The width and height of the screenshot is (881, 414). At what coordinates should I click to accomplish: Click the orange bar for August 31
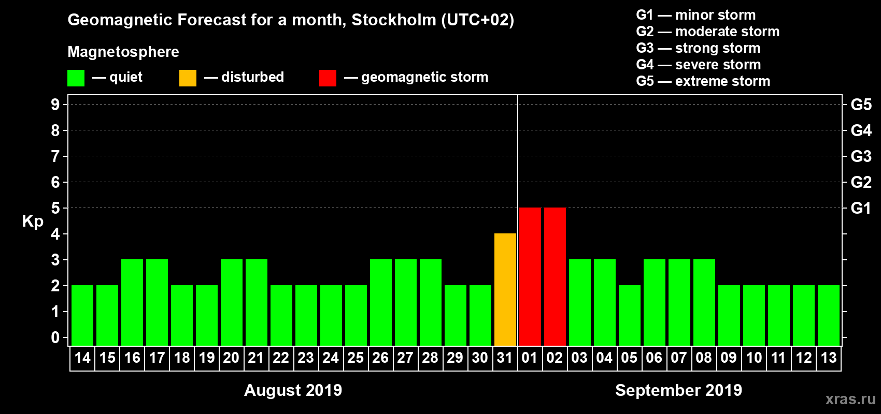[x=505, y=290]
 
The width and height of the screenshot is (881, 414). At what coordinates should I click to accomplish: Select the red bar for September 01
[x=530, y=277]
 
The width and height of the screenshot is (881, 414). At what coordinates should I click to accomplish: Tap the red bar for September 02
[x=555, y=277]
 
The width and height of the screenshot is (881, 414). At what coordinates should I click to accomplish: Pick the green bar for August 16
[x=132, y=303]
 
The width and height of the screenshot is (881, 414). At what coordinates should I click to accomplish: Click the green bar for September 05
[x=630, y=316]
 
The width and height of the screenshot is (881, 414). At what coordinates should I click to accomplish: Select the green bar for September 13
[x=829, y=316]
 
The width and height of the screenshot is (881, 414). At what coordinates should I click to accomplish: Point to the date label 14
[x=82, y=358]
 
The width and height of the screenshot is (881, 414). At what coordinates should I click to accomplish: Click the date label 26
[x=380, y=358]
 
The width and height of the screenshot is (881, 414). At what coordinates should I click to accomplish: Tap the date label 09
[x=729, y=358]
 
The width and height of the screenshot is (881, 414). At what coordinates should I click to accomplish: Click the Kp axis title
[x=33, y=221]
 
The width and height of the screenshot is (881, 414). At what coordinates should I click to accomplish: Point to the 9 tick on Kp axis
[x=55, y=105]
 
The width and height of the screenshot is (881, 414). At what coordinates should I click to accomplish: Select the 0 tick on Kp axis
[x=55, y=338]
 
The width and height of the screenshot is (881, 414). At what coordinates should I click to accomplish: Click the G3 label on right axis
[x=861, y=156]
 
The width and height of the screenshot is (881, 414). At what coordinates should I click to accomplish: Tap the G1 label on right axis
[x=861, y=208]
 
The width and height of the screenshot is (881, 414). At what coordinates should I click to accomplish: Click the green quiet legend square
[x=76, y=78]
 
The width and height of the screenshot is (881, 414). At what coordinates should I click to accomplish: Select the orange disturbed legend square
[x=188, y=78]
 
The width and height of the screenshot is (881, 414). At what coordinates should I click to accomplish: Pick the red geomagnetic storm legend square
[x=328, y=78]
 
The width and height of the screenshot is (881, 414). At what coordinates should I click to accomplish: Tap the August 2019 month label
[x=293, y=390]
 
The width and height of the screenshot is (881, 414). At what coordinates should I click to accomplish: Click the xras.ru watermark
[x=850, y=399]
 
